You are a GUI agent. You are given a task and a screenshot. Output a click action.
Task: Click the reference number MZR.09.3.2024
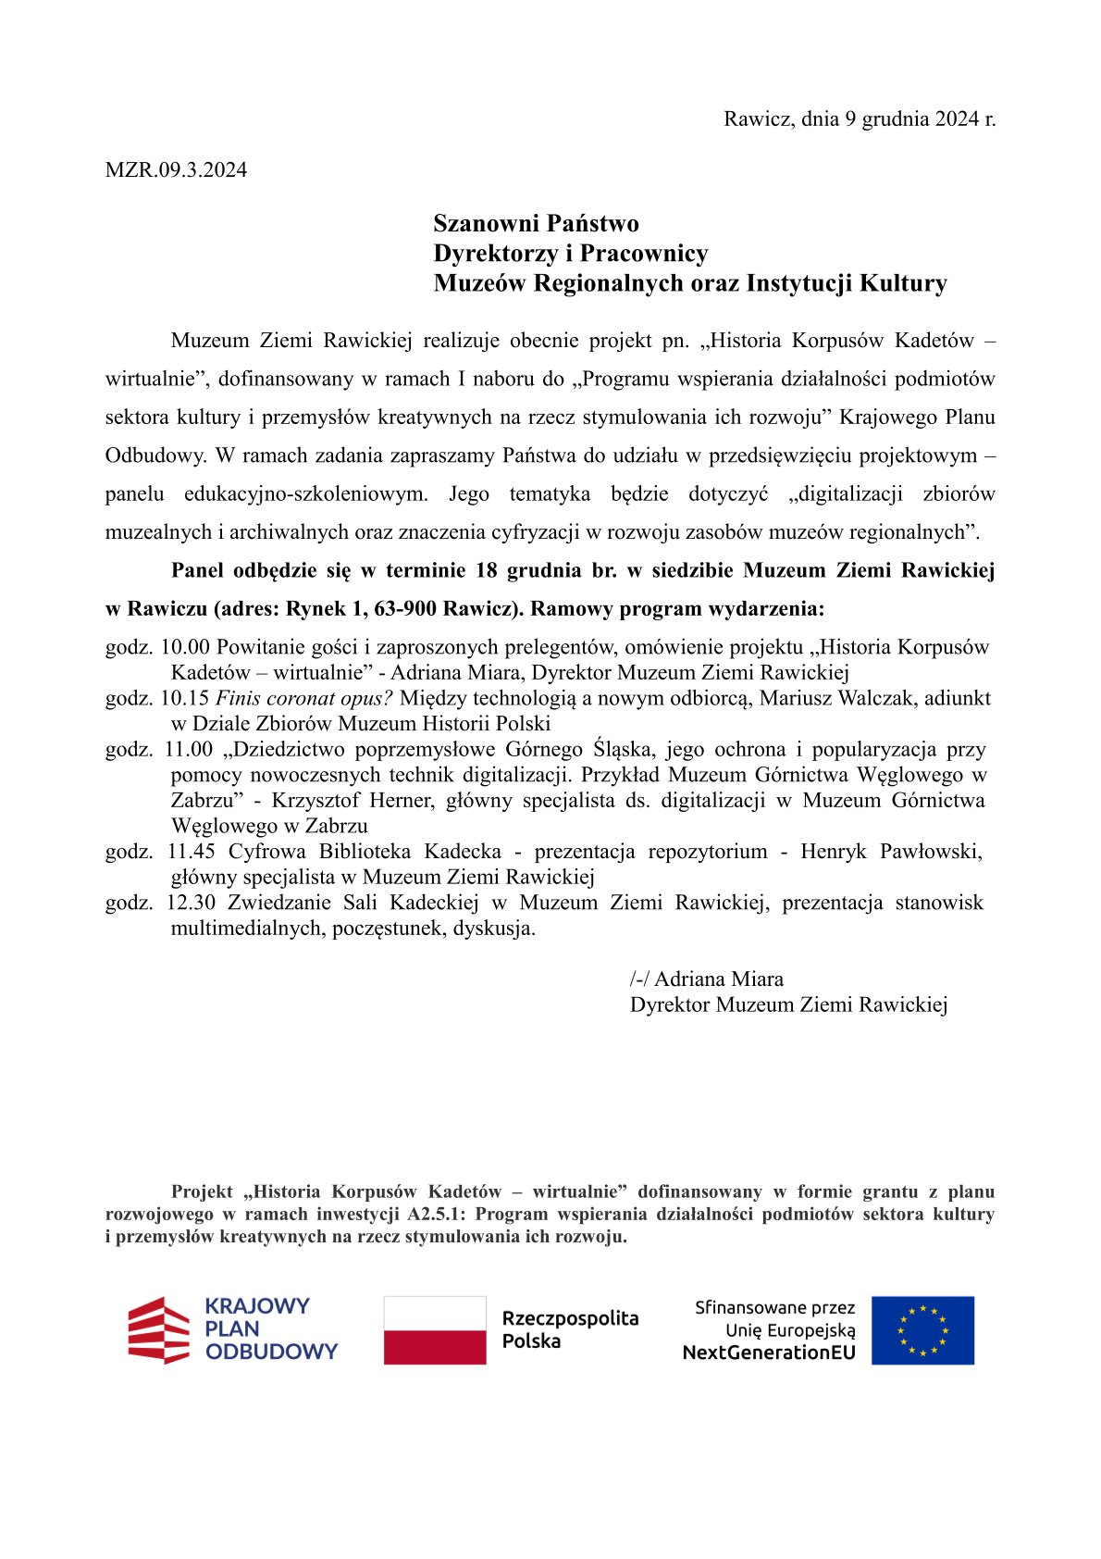click(x=176, y=170)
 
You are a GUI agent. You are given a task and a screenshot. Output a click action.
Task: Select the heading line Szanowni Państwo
click(x=536, y=223)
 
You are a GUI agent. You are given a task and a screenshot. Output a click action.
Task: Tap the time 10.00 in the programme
click(x=185, y=647)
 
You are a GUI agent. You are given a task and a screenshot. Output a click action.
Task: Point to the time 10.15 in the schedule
click(x=185, y=698)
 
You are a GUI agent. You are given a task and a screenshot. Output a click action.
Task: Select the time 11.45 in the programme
click(x=191, y=851)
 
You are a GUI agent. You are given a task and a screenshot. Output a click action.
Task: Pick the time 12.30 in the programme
click(x=191, y=903)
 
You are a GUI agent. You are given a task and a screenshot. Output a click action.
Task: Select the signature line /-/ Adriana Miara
click(x=707, y=979)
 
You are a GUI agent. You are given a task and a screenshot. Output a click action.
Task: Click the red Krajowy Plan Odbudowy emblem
click(x=158, y=1329)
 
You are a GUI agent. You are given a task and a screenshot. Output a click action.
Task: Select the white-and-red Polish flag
click(x=435, y=1329)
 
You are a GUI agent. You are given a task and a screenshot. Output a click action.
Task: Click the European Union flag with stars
click(x=922, y=1329)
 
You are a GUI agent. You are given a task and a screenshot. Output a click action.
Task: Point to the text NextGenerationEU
click(x=768, y=1353)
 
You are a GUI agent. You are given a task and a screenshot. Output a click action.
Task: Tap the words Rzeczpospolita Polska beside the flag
click(x=570, y=1329)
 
